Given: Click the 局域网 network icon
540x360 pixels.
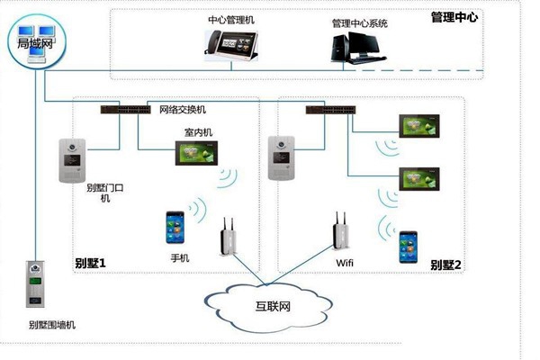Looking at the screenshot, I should [35, 43].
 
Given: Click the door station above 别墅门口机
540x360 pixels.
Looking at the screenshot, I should [72, 160].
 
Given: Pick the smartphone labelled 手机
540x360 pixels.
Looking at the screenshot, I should [176, 229].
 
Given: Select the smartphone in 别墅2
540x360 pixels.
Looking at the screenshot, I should [409, 247].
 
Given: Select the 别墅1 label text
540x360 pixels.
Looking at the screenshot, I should [91, 264].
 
